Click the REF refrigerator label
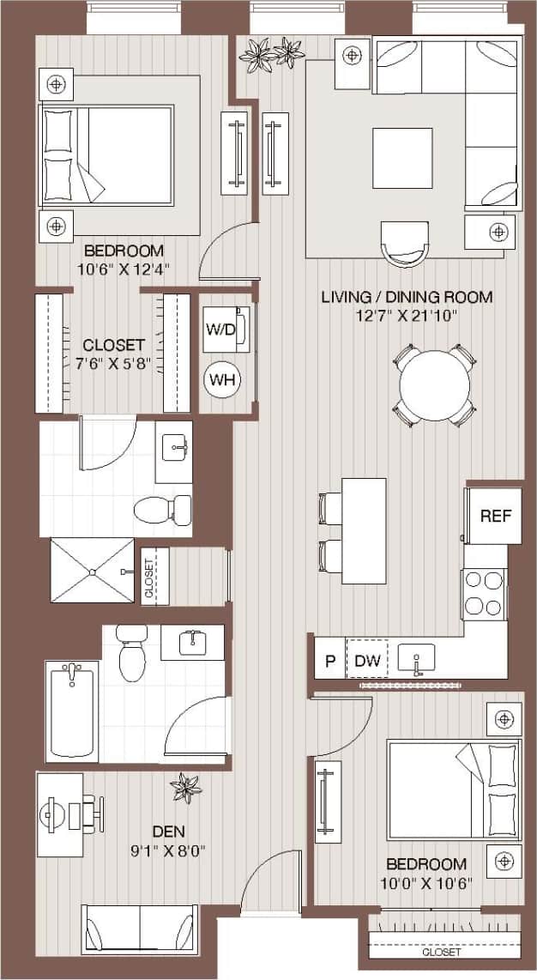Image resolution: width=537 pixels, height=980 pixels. (495, 517)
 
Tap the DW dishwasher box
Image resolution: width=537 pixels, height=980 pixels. (366, 662)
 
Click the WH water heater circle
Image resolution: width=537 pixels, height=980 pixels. (222, 378)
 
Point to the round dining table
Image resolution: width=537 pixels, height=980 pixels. (435, 385)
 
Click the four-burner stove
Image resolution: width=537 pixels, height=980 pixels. (483, 593)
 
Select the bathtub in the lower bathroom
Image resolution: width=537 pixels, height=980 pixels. (73, 711)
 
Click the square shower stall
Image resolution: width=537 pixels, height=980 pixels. (92, 571)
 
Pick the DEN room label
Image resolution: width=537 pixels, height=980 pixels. (168, 831)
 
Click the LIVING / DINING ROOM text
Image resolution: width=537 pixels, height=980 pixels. (407, 298)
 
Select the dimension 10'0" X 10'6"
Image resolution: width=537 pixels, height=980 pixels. (426, 883)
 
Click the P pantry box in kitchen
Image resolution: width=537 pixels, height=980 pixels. (329, 662)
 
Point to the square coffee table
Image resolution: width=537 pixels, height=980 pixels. (402, 158)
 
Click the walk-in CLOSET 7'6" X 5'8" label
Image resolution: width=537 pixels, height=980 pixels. (114, 353)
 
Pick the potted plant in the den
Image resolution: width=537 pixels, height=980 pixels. (185, 787)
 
